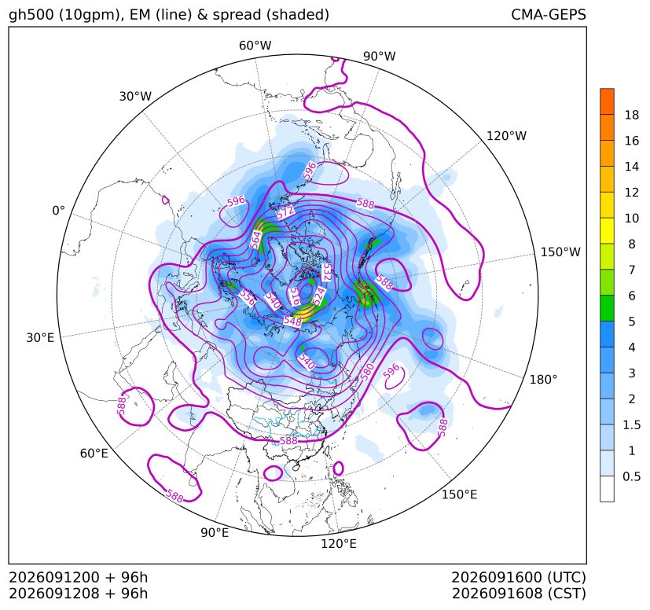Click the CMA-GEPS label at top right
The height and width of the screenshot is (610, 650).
(x=549, y=14)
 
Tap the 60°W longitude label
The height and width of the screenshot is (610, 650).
(x=255, y=46)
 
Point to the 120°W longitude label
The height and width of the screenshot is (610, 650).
(x=506, y=136)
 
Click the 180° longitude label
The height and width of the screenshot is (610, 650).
(x=543, y=380)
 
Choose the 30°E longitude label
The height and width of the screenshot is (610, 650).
(x=40, y=337)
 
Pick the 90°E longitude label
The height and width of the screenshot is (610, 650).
(x=215, y=532)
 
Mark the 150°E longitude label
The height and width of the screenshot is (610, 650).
(x=459, y=494)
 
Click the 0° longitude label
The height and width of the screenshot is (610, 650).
(x=58, y=211)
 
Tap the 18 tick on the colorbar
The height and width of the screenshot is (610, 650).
(x=632, y=115)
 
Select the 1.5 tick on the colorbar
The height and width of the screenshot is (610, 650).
(x=631, y=424)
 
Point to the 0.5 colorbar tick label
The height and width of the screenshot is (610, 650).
(x=631, y=476)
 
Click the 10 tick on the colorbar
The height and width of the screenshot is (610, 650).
(x=632, y=218)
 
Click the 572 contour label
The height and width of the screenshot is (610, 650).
(x=285, y=212)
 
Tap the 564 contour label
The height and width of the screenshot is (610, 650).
(x=255, y=240)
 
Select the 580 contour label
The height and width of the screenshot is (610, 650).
(x=367, y=372)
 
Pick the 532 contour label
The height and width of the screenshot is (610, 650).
(x=327, y=272)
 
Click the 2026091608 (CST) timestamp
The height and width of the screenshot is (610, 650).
(x=519, y=593)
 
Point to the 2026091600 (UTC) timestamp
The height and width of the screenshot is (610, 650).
(x=519, y=577)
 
